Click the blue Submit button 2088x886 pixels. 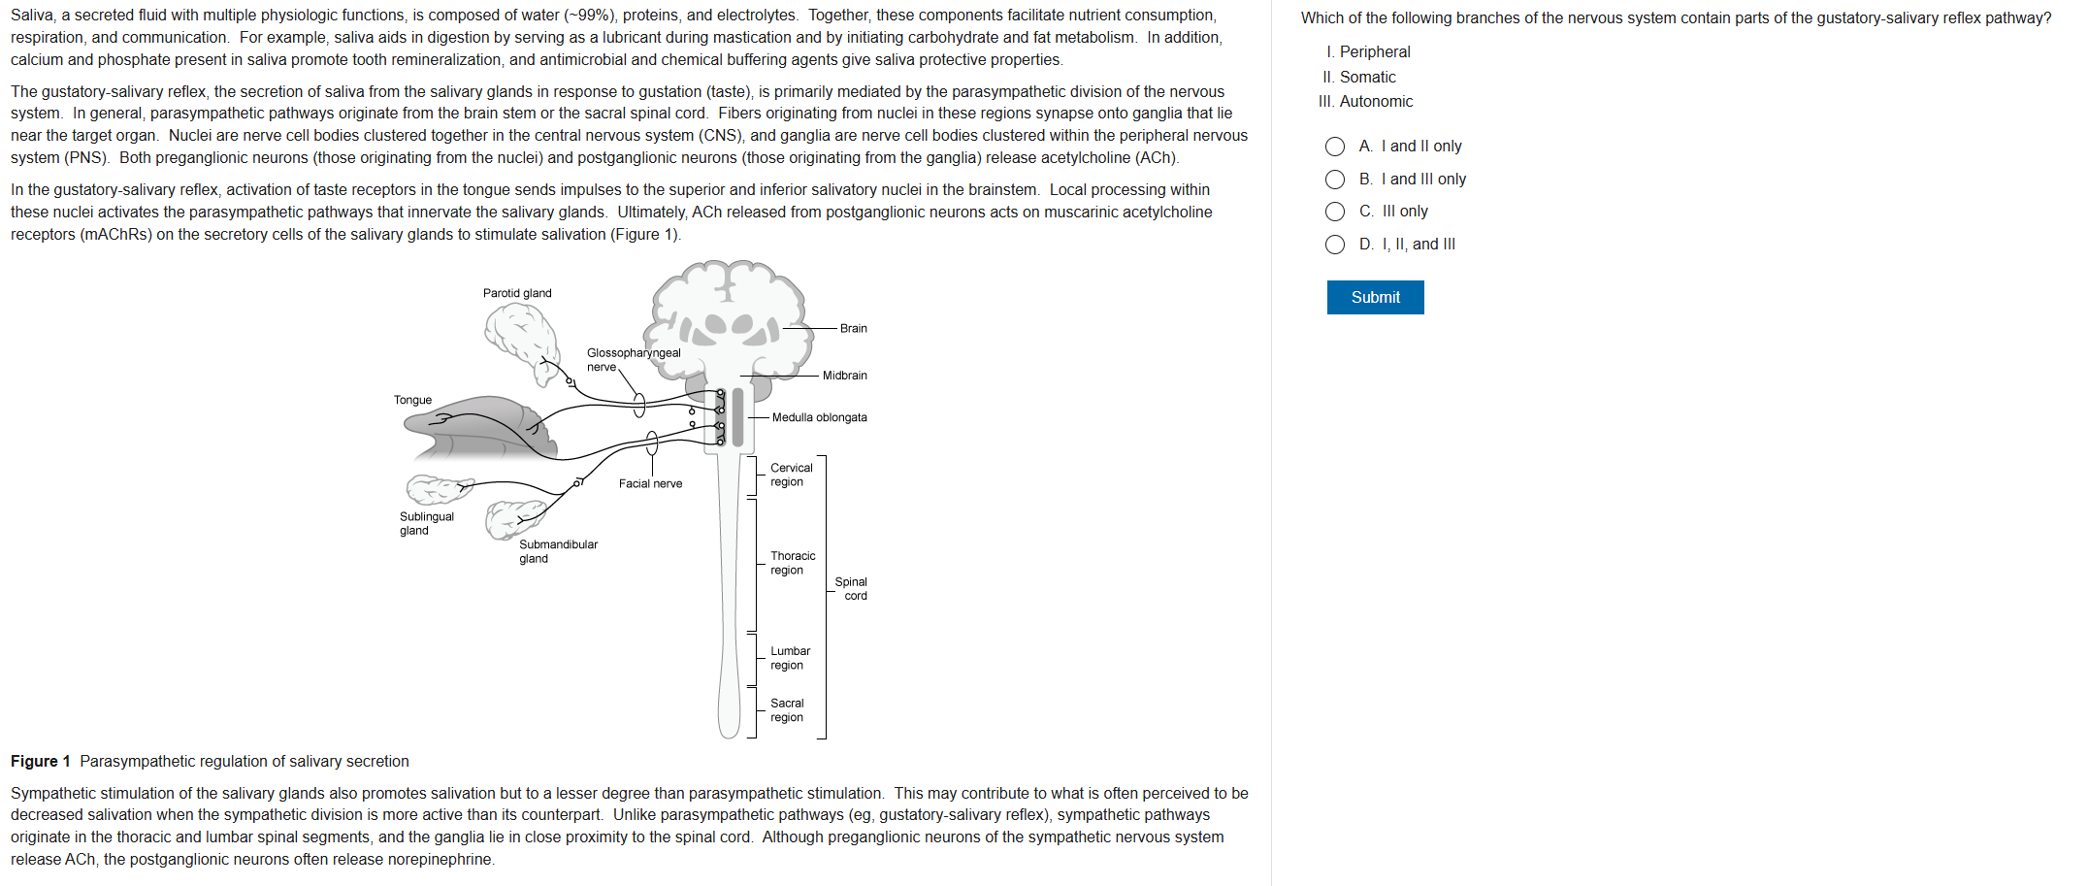[x=1375, y=297]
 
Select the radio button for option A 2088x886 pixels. [x=1335, y=147]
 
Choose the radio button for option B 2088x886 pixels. [x=1335, y=180]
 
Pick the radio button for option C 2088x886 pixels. [x=1335, y=212]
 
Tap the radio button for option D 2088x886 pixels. [x=1335, y=245]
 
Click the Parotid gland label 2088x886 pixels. [x=517, y=293]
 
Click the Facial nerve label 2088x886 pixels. [x=650, y=483]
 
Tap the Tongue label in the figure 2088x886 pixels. [x=412, y=400]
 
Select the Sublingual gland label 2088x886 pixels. [x=426, y=523]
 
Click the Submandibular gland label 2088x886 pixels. [x=558, y=551]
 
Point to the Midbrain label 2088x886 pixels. [x=844, y=376]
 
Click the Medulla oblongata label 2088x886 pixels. [x=819, y=417]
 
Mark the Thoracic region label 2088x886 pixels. [x=793, y=563]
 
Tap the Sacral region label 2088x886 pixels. [x=787, y=710]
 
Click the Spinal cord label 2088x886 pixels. [x=851, y=589]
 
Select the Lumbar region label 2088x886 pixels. [x=790, y=658]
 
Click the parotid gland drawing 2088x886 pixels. [x=520, y=335]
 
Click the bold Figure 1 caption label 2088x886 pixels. [x=40, y=762]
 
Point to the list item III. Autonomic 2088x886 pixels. [x=1365, y=102]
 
